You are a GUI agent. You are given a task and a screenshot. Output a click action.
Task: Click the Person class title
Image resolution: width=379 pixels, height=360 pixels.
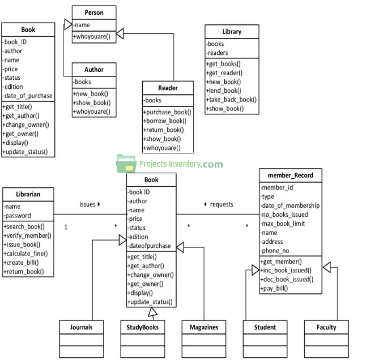(x=94, y=12)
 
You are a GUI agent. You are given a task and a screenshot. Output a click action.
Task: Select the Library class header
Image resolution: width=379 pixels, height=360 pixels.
(x=231, y=32)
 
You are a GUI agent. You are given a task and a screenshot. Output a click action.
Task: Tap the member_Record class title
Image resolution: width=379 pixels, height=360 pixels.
(x=291, y=175)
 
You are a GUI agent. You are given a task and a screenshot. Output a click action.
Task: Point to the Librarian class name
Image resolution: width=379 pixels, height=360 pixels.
(x=28, y=194)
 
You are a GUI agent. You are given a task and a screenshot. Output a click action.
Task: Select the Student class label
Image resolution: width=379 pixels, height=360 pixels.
(x=265, y=327)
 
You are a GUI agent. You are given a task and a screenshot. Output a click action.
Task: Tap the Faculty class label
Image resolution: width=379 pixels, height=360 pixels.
(x=326, y=327)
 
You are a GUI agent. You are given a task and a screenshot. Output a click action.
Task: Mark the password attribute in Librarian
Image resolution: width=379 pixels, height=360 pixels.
(x=19, y=216)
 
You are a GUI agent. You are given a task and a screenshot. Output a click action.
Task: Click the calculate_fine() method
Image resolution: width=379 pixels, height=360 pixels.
(x=27, y=254)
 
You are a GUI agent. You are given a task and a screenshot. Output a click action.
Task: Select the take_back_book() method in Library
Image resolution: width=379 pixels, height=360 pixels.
(x=232, y=100)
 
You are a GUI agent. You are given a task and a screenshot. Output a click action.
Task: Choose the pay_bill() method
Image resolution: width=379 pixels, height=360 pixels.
(x=275, y=288)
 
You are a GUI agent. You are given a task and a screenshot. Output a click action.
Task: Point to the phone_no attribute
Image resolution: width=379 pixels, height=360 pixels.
(x=276, y=251)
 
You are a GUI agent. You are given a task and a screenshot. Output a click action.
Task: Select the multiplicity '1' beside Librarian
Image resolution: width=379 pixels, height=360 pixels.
(x=66, y=227)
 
